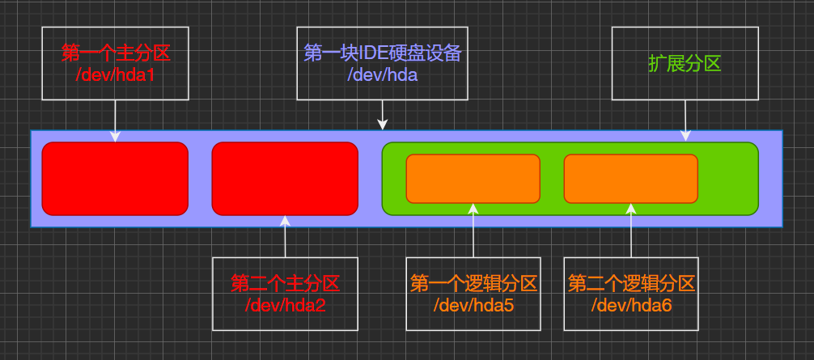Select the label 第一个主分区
(x=115, y=53)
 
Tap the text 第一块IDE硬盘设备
(x=382, y=53)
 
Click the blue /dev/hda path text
(x=382, y=74)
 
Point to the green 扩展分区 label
(x=685, y=64)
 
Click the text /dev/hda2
(x=285, y=305)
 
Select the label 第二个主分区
(x=285, y=284)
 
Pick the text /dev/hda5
(x=473, y=305)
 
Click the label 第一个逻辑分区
(x=473, y=284)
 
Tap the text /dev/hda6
(x=631, y=305)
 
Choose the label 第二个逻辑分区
(x=631, y=284)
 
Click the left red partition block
(x=115, y=179)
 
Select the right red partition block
(x=285, y=179)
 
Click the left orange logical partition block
(x=473, y=179)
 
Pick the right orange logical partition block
(x=630, y=179)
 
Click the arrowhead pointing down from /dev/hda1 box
(x=115, y=137)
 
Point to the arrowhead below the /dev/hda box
(x=383, y=125)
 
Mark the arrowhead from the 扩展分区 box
(x=685, y=137)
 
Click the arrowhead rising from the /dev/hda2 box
(x=285, y=221)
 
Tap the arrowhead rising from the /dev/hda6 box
(x=631, y=209)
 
